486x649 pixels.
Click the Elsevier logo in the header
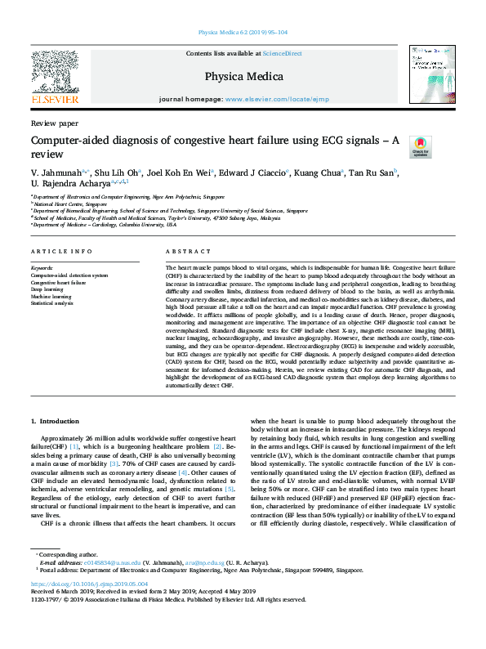pos(55,78)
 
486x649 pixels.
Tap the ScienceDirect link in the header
pos(282,53)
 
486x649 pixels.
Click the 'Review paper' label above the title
pos(55,123)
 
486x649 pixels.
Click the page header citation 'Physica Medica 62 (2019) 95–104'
pos(243,33)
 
